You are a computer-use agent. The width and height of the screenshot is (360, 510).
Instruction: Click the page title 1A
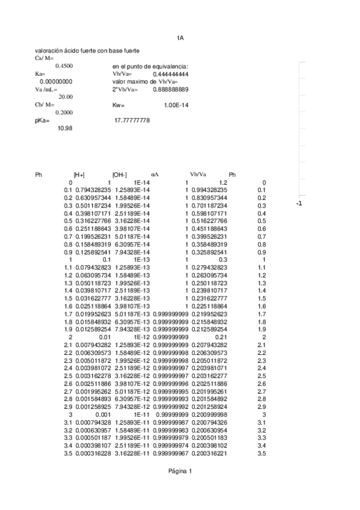[180, 38]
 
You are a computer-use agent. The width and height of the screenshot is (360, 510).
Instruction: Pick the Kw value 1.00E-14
[176, 105]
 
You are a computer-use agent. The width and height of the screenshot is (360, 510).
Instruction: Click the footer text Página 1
[180, 471]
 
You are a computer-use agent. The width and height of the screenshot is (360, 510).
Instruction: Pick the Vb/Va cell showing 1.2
[222, 182]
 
